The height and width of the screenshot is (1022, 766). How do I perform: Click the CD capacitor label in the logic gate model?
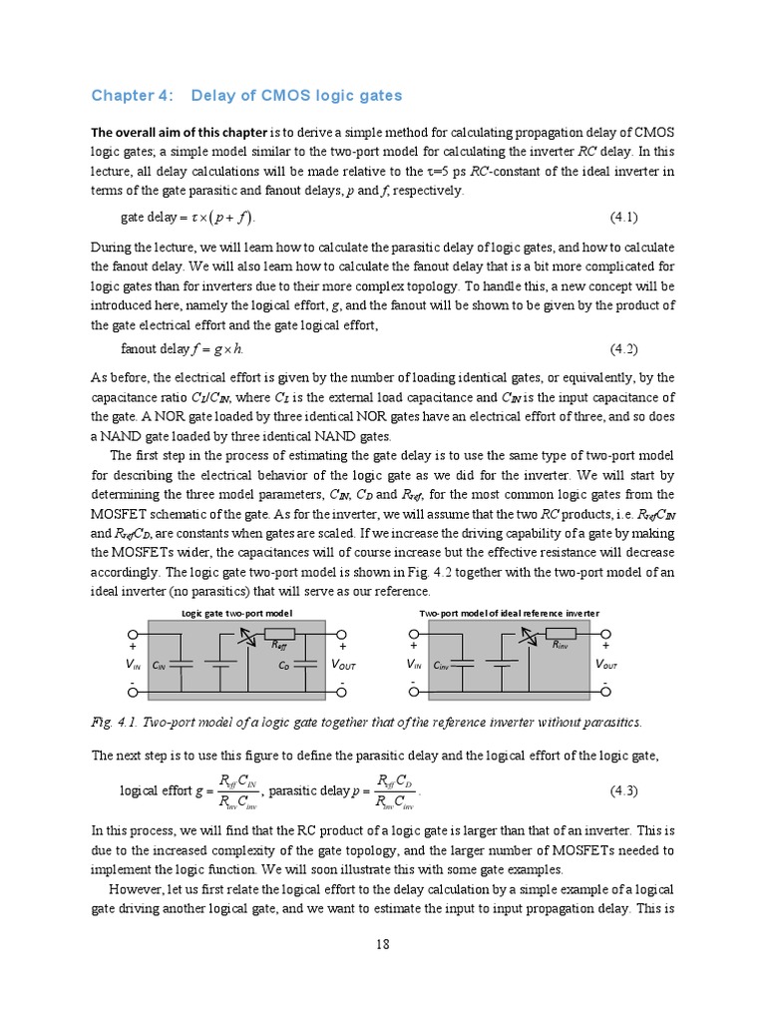coord(284,665)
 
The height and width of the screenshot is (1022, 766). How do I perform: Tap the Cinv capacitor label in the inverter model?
coord(442,665)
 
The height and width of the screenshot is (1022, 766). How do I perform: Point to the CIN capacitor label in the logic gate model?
coord(160,665)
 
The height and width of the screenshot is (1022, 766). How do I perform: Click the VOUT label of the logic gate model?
coord(342,665)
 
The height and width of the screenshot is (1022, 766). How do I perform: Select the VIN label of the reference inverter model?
coord(413,665)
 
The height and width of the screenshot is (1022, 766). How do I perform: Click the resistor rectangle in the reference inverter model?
coord(562,633)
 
